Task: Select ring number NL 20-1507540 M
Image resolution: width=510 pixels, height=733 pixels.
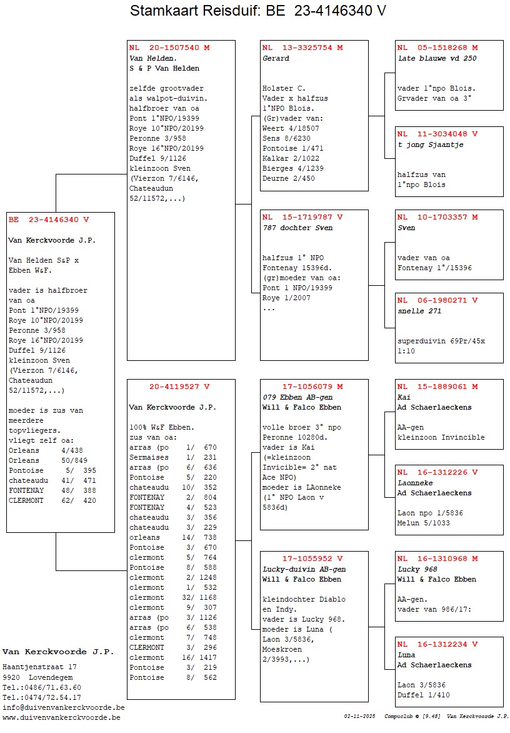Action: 169,48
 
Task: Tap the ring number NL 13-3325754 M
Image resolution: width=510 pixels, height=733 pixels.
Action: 302,48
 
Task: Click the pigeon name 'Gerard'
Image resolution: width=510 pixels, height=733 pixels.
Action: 276,58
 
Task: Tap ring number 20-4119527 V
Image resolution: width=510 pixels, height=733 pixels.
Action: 179,386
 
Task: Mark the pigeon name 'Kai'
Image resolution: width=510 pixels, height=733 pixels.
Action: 404,397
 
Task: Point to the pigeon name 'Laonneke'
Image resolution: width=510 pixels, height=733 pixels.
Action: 415,483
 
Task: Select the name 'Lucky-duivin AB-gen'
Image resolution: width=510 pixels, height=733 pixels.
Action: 304,569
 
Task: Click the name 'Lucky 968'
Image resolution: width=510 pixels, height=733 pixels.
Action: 417,569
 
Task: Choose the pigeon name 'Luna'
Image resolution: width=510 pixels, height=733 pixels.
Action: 407,655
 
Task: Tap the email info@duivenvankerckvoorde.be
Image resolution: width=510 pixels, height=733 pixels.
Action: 63,707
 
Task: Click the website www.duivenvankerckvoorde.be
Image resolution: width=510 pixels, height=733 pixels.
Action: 61,717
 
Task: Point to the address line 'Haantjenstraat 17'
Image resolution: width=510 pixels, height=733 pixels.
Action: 39,667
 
